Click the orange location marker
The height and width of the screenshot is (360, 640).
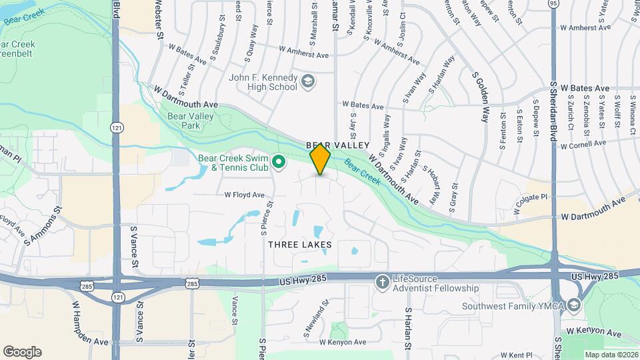[320, 159]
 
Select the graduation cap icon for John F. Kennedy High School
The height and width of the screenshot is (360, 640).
[307, 81]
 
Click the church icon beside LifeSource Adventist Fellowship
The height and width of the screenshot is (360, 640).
[382, 283]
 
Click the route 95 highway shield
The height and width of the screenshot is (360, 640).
[554, 4]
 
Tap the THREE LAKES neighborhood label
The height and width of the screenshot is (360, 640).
[300, 245]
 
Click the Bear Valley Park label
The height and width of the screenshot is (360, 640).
[184, 120]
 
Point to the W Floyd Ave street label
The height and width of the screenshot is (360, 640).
[244, 195]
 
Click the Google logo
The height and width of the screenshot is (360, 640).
[22, 351]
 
